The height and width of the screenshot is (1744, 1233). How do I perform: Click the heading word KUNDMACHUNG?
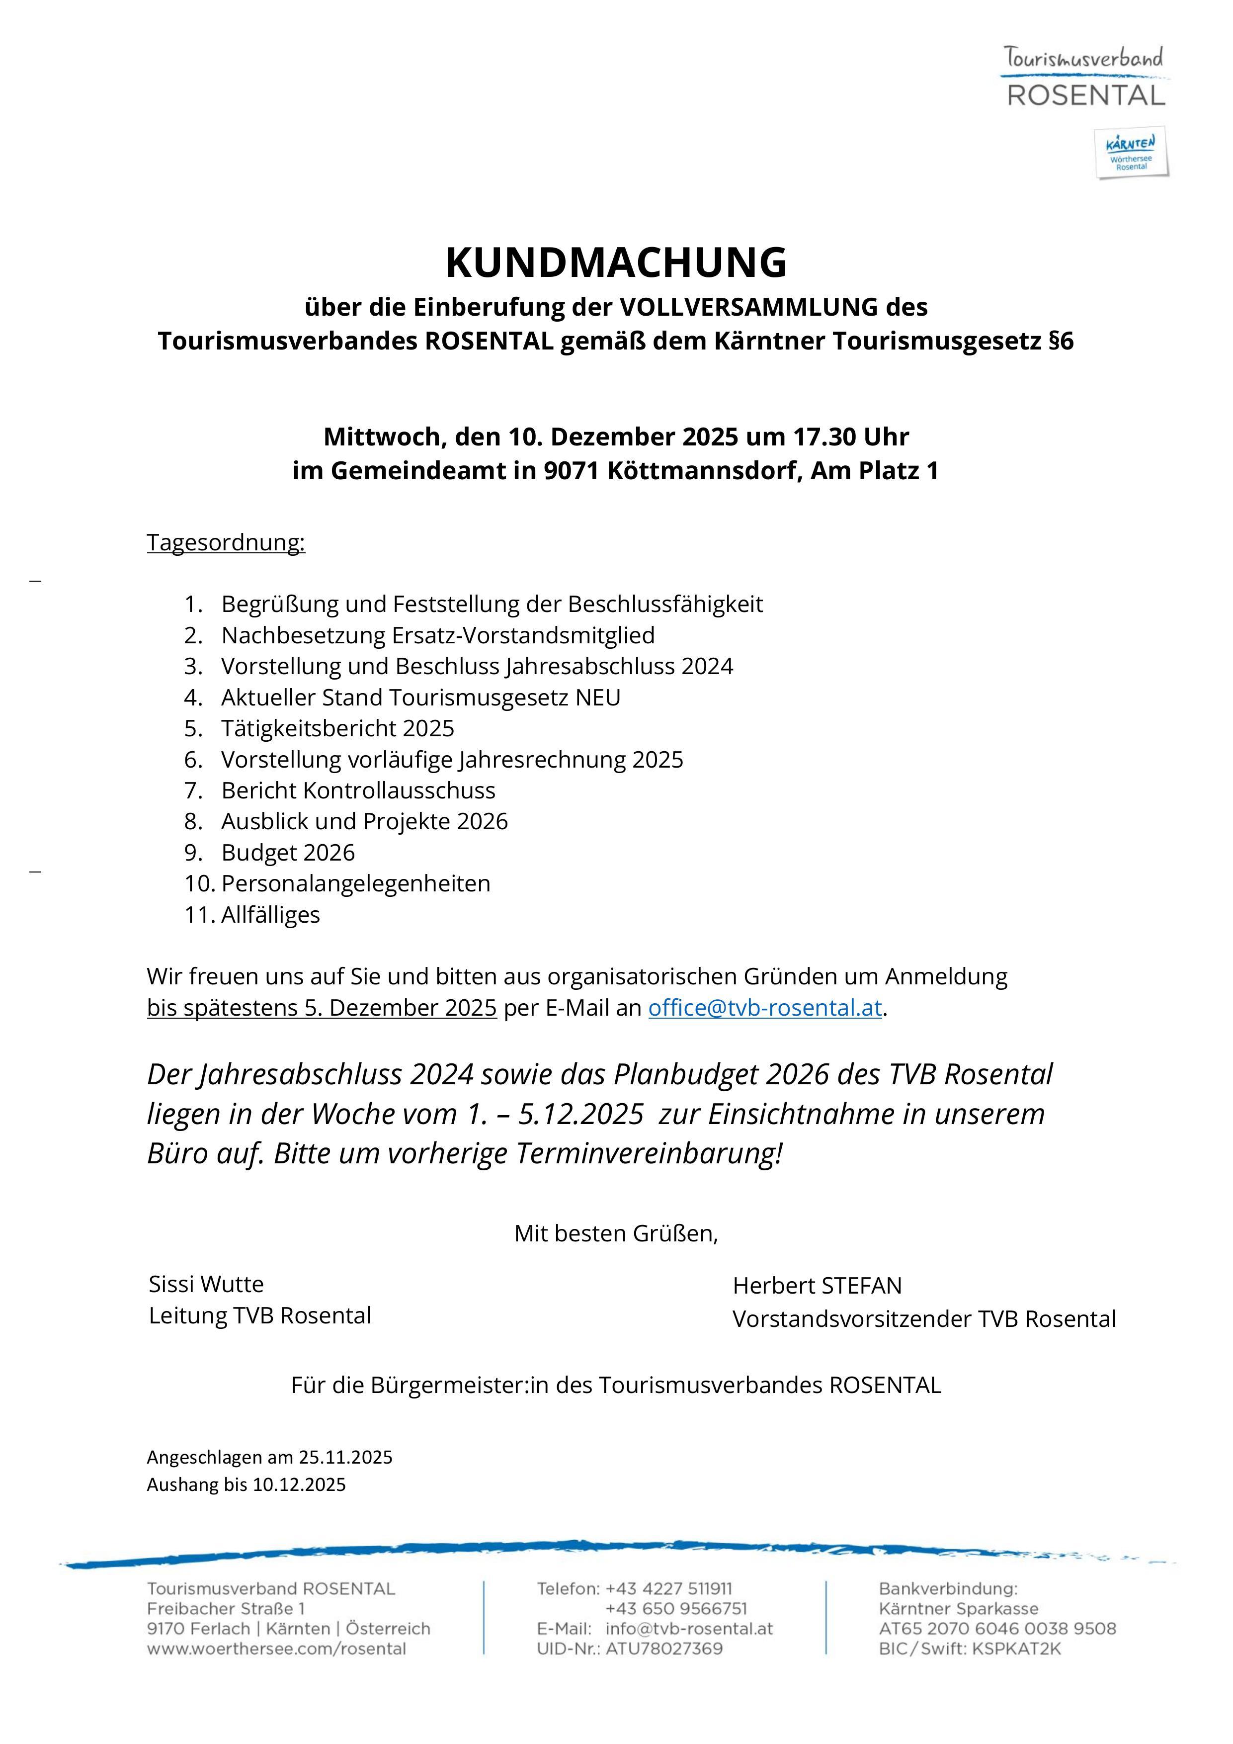point(616,263)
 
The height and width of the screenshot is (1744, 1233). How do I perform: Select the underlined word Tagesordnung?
point(226,542)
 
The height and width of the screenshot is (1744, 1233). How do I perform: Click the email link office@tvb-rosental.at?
point(764,1007)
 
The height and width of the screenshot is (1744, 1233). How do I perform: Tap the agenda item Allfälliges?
point(270,915)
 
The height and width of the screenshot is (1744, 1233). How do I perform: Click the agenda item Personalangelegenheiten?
point(355,883)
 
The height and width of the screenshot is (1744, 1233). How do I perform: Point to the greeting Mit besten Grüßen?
point(616,1233)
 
